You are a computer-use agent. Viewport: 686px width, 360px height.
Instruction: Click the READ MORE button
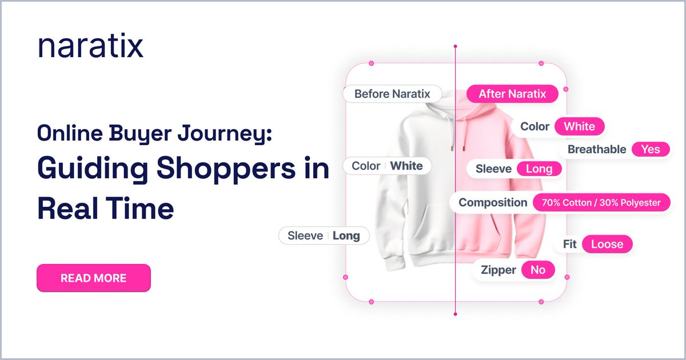point(94,278)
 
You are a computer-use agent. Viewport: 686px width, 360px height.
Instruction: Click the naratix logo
point(90,46)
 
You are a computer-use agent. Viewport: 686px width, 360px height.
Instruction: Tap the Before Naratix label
point(392,94)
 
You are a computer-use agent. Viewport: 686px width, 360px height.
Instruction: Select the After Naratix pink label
point(512,94)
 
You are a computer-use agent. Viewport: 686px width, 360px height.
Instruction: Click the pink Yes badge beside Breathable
point(651,150)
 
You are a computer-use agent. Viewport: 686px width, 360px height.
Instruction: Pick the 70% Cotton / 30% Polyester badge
point(601,202)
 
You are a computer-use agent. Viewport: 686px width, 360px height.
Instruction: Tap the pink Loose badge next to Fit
point(607,245)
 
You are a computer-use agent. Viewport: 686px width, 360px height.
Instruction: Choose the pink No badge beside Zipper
point(538,270)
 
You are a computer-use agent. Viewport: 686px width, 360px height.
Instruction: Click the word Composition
point(493,202)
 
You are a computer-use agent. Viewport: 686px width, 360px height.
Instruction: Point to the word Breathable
point(596,150)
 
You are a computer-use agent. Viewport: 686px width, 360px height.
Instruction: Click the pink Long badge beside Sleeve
point(539,169)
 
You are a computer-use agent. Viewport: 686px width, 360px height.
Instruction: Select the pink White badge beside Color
point(579,126)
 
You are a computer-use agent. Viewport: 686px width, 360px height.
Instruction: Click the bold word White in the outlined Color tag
point(406,166)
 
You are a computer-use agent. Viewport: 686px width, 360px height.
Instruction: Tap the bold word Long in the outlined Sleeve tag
point(346,235)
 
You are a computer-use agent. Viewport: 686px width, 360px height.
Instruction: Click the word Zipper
point(498,270)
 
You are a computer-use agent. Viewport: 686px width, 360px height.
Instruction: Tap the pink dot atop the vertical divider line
point(456,46)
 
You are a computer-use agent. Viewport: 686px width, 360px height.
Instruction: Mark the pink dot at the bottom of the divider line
point(456,313)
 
